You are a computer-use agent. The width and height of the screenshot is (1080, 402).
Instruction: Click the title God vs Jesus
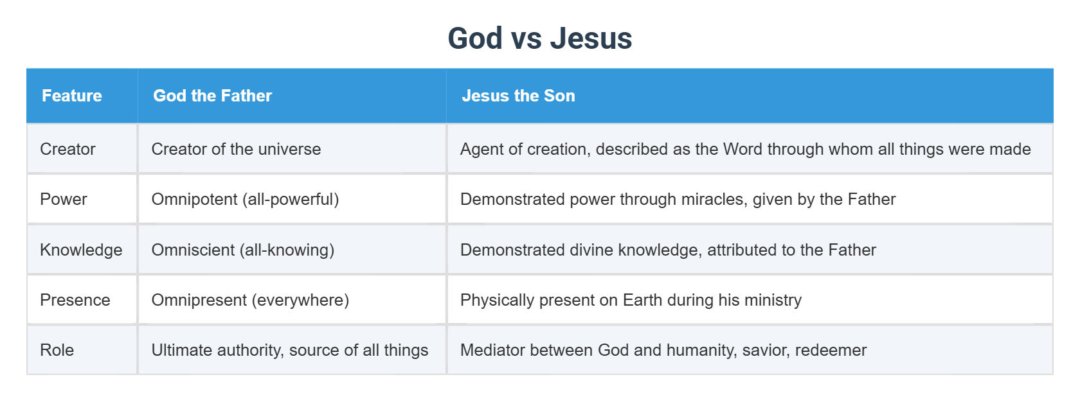pyautogui.click(x=539, y=39)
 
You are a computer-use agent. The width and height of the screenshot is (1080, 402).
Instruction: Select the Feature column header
pyautogui.click(x=72, y=96)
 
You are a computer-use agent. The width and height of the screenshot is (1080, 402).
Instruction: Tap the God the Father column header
pyautogui.click(x=212, y=96)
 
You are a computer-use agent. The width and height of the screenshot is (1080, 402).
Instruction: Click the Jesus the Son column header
pyautogui.click(x=518, y=96)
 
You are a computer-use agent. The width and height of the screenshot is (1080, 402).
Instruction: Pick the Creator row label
pyautogui.click(x=67, y=149)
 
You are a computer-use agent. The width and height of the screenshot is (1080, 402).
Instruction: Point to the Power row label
pyautogui.click(x=63, y=199)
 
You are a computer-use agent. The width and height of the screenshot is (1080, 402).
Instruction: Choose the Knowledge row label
pyautogui.click(x=81, y=250)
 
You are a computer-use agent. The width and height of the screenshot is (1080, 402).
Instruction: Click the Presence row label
pyautogui.click(x=75, y=300)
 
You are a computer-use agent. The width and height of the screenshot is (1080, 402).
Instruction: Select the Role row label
pyautogui.click(x=57, y=350)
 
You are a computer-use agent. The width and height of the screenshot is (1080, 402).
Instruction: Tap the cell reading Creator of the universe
pyautogui.click(x=236, y=149)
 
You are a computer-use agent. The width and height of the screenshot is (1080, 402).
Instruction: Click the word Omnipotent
pyautogui.click(x=194, y=199)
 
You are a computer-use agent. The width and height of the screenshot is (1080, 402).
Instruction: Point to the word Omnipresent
pyautogui.click(x=199, y=300)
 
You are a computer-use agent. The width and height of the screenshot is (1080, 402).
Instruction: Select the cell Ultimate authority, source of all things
pyautogui.click(x=289, y=350)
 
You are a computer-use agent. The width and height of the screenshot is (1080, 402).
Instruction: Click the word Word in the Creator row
pyautogui.click(x=742, y=149)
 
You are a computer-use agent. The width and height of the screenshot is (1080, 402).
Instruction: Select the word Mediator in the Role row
pyautogui.click(x=492, y=350)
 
